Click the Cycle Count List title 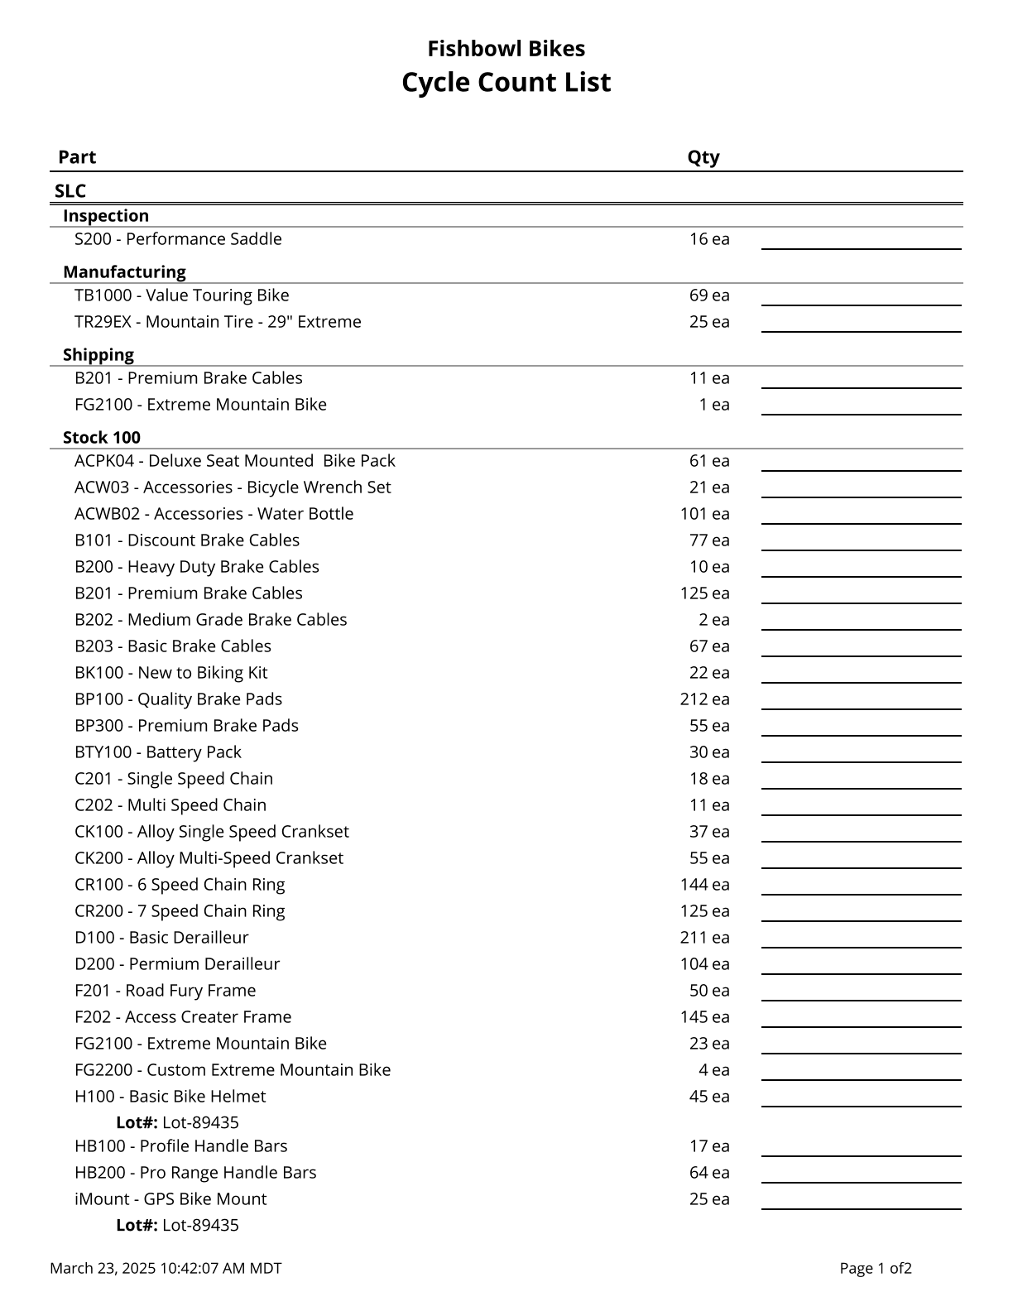click(x=506, y=83)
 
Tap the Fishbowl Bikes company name click(x=506, y=49)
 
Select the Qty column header click(x=703, y=157)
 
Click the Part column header click(x=77, y=157)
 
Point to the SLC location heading click(x=70, y=191)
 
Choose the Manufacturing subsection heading click(x=124, y=272)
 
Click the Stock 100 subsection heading click(x=102, y=438)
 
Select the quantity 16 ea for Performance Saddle click(x=709, y=239)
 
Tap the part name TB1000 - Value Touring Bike click(x=182, y=295)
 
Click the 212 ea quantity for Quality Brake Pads click(x=704, y=699)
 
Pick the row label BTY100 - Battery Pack click(x=158, y=752)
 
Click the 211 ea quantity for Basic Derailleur click(x=704, y=938)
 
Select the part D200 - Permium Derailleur click(x=177, y=964)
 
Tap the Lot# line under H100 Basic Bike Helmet click(x=177, y=1123)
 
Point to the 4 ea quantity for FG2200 click(x=713, y=1070)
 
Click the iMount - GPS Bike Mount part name click(x=170, y=1199)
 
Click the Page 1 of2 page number click(x=876, y=1268)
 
